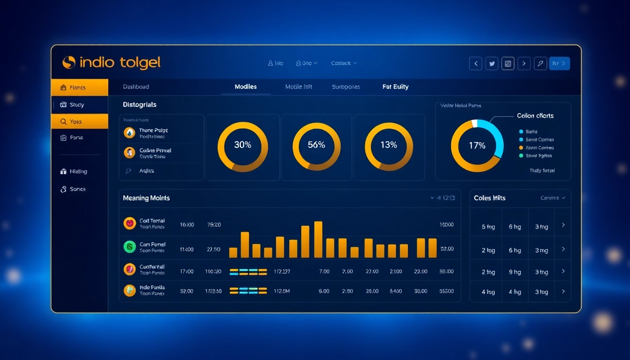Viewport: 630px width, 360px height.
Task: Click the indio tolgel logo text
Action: tap(120, 62)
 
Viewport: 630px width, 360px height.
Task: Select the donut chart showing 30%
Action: tap(243, 147)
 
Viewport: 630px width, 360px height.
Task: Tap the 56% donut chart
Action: tap(316, 147)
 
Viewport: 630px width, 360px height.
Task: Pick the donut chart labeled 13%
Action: tap(389, 147)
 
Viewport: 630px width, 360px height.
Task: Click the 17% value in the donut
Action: tap(477, 146)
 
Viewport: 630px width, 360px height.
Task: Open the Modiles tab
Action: tap(246, 87)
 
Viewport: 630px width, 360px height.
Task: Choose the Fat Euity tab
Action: tap(395, 87)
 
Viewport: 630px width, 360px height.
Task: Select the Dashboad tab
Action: tap(136, 87)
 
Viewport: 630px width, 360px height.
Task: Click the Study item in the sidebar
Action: tap(77, 105)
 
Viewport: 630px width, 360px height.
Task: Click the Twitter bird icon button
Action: tap(492, 63)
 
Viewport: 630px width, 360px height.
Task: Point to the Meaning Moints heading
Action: tap(146, 198)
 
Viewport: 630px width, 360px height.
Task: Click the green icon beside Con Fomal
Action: tap(129, 247)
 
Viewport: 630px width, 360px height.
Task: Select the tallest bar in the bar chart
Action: tap(318, 239)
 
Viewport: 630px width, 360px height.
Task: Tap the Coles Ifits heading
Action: tap(489, 198)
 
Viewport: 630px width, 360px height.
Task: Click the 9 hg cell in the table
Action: tap(515, 272)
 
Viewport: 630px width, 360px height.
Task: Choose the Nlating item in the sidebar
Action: tap(78, 172)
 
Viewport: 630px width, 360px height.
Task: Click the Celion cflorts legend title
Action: tap(535, 116)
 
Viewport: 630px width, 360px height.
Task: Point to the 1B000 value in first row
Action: tap(446, 225)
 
